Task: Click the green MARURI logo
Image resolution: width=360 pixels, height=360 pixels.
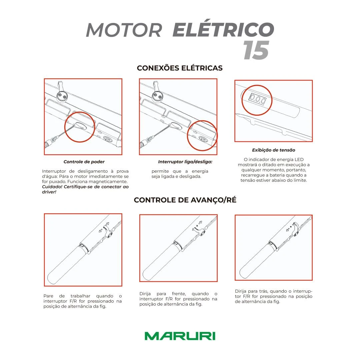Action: click(x=180, y=336)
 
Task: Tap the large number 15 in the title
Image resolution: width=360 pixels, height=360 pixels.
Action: click(x=256, y=51)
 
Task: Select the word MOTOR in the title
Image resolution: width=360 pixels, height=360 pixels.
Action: click(x=124, y=30)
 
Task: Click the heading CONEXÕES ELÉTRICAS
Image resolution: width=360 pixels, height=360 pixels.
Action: click(x=180, y=68)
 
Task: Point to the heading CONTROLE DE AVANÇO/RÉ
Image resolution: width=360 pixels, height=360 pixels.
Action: click(x=185, y=200)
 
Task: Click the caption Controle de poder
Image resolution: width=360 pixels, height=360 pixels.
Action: click(x=84, y=162)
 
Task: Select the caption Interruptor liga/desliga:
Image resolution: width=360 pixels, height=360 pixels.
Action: click(x=185, y=162)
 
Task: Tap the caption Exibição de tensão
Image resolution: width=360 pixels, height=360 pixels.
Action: click(x=274, y=150)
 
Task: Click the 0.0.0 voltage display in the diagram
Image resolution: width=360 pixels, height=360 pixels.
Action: click(x=257, y=99)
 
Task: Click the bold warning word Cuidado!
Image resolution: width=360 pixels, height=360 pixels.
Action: click(x=52, y=187)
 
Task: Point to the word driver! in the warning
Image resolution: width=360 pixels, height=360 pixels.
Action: click(x=49, y=192)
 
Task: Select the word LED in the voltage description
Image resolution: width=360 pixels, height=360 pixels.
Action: click(x=299, y=159)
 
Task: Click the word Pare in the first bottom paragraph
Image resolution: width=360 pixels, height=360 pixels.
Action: click(x=48, y=296)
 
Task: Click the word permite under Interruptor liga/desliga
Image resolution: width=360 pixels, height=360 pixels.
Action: click(x=160, y=171)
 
